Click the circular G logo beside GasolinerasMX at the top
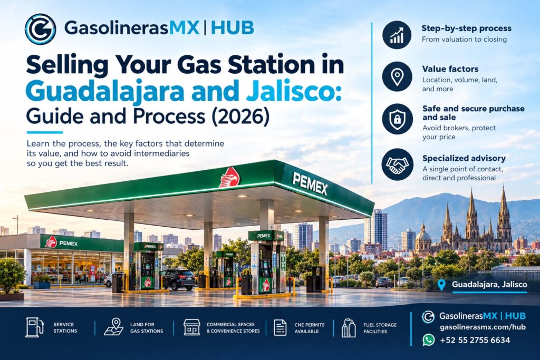pyautogui.click(x=40, y=29)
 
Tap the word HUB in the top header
pyautogui.click(x=232, y=28)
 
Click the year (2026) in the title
pyautogui.click(x=240, y=116)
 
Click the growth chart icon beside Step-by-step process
pyautogui.click(x=397, y=34)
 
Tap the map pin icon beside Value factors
pyautogui.click(x=397, y=76)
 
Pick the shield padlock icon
pyautogui.click(x=397, y=119)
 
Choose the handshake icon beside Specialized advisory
pyautogui.click(x=397, y=164)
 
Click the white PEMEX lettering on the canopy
pyautogui.click(x=310, y=183)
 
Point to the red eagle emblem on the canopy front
pyautogui.click(x=230, y=177)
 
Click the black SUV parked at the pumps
pyautogui.click(x=178, y=279)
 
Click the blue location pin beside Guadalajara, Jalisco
pyautogui.click(x=441, y=285)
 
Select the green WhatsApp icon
pyautogui.click(x=428, y=340)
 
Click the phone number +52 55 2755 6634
pyautogui.click(x=475, y=340)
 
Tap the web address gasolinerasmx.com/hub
pyautogui.click(x=483, y=327)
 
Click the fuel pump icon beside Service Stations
pyautogui.click(x=34, y=327)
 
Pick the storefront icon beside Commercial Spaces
pyautogui.click(x=192, y=327)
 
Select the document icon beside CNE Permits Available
pyautogui.click(x=280, y=327)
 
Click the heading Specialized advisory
pyautogui.click(x=464, y=158)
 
